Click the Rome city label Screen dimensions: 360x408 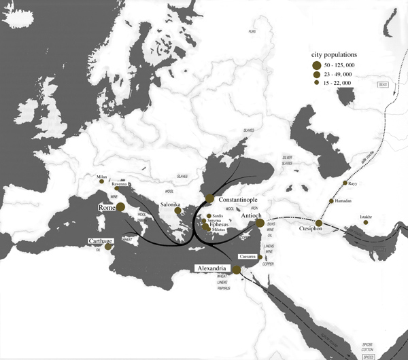tap(107, 208)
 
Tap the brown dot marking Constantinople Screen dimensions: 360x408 tap(209, 200)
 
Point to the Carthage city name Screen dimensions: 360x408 tap(98, 242)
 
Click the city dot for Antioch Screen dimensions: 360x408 tap(259, 223)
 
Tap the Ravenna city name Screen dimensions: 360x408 tap(120, 185)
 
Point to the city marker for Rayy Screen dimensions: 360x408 tap(345, 184)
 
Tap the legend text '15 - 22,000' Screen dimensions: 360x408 tap(341, 82)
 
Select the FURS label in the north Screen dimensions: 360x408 tap(251, 31)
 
